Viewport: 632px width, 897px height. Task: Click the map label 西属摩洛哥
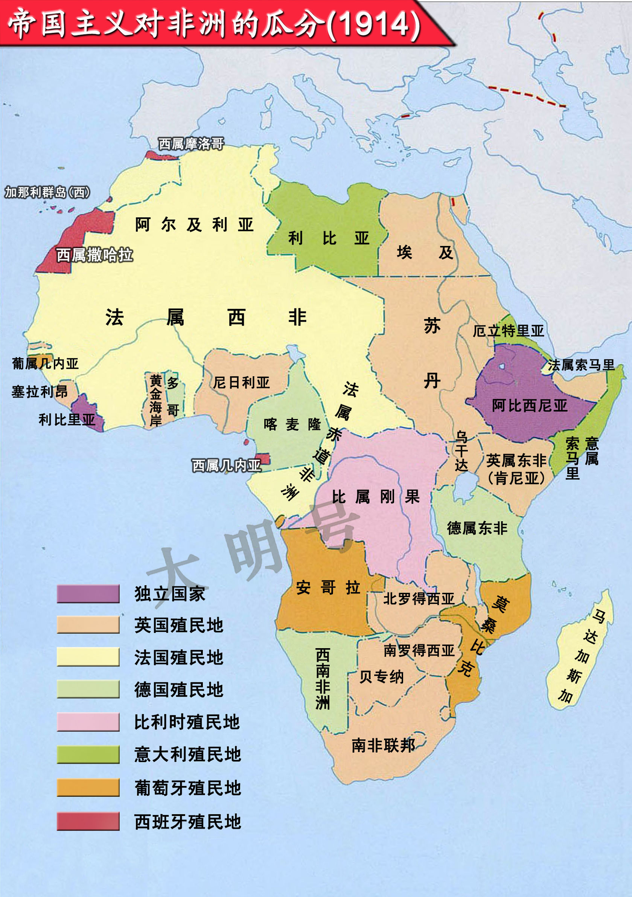click(191, 144)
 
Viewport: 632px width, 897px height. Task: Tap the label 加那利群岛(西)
click(47, 192)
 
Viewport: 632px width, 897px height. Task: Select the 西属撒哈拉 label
click(94, 255)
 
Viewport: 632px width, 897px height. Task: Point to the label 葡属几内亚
click(45, 364)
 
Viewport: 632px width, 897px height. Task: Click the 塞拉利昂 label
click(40, 392)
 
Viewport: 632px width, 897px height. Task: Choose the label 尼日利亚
click(241, 383)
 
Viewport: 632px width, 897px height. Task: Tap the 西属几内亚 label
click(227, 465)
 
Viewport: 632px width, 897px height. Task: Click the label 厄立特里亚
click(508, 331)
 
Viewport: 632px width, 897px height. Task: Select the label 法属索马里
click(581, 365)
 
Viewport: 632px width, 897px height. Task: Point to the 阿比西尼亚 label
click(529, 406)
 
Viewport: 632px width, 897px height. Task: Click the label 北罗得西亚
click(419, 598)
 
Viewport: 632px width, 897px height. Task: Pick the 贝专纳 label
click(381, 677)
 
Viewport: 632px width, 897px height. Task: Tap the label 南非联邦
click(383, 745)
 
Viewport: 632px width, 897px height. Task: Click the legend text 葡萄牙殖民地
click(187, 788)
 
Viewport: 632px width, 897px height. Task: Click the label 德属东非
click(477, 528)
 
